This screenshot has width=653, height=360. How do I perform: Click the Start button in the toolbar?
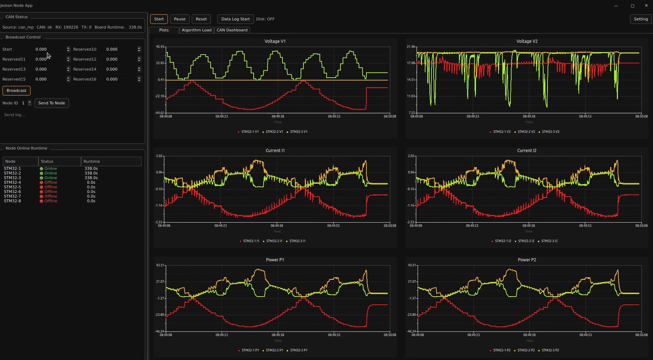tap(159, 19)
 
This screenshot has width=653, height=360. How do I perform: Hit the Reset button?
tap(201, 19)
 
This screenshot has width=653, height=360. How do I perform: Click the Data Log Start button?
tap(235, 19)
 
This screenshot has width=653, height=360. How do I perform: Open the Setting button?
tap(641, 19)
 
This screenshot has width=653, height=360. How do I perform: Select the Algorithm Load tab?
tap(196, 30)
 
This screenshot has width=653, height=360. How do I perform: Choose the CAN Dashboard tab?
tap(232, 30)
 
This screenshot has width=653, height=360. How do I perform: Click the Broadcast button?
tap(16, 91)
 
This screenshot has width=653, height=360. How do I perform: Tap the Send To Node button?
tap(52, 103)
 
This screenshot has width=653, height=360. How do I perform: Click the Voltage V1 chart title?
tap(275, 41)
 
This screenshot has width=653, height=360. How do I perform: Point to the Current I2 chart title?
tap(527, 151)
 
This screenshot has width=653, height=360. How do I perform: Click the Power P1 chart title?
tap(275, 260)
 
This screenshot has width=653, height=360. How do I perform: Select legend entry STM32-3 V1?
tap(298, 132)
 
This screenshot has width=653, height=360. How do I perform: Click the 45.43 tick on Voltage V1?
tap(160, 47)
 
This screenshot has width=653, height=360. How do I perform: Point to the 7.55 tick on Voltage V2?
tap(412, 113)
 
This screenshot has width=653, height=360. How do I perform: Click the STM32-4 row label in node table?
tap(13, 183)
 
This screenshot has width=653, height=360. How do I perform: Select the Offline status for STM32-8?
tap(50, 201)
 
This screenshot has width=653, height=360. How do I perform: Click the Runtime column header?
tap(91, 161)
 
